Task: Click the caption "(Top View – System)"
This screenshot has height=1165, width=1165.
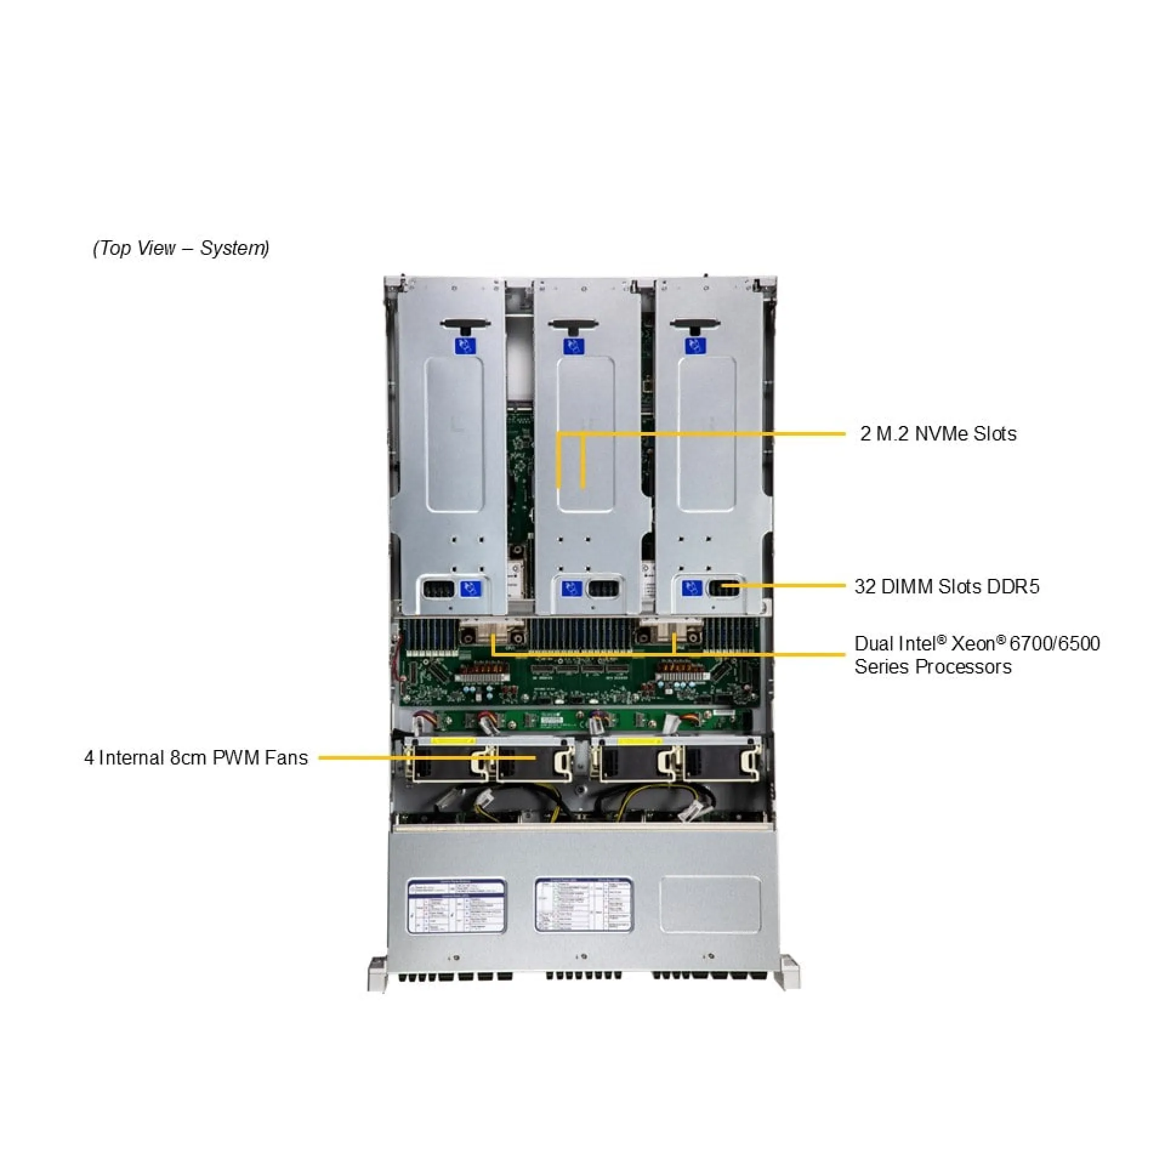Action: click(181, 248)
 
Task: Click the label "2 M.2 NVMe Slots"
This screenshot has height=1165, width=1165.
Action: click(938, 433)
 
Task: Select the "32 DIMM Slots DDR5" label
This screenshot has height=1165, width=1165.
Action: click(947, 586)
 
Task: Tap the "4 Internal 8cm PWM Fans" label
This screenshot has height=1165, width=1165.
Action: click(196, 758)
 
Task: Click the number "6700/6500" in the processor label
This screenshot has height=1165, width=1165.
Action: click(1055, 643)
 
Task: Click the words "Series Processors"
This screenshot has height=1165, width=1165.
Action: click(933, 667)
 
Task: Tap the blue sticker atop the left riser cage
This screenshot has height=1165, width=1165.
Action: click(465, 346)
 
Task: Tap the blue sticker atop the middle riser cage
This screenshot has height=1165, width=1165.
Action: click(573, 346)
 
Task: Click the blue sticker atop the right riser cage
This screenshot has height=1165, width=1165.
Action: click(695, 346)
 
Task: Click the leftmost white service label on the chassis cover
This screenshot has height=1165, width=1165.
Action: click(456, 906)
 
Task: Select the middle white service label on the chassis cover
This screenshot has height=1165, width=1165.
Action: click(584, 904)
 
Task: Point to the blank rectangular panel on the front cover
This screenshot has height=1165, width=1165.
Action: click(711, 904)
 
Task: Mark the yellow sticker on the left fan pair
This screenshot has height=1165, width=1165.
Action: click(453, 741)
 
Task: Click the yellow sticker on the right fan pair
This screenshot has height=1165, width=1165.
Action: click(639, 741)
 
